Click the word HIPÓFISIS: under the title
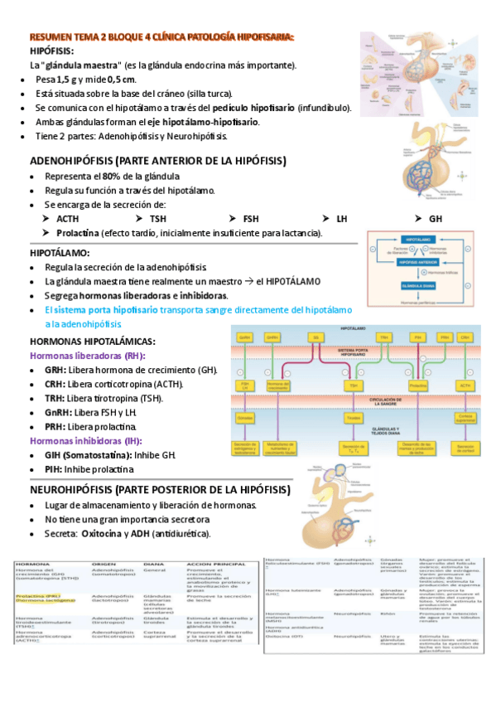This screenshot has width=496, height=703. tap(51, 51)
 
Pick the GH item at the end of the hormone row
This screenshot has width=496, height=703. tap(436, 218)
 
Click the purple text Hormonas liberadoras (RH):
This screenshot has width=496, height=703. tap(88, 355)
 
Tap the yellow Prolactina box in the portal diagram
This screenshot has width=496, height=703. tap(417, 386)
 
